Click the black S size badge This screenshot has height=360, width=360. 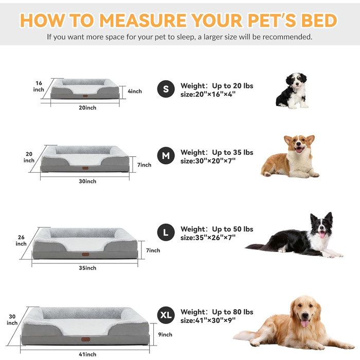[x=166, y=89]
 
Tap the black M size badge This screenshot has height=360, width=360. [x=166, y=155]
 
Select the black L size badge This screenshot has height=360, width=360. [x=166, y=232]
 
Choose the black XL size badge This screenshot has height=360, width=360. [x=166, y=315]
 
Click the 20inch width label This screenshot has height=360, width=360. [x=87, y=107]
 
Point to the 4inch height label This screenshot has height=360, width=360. [x=135, y=91]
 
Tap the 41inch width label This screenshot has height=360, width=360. [x=87, y=354]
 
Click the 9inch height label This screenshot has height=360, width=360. [x=165, y=334]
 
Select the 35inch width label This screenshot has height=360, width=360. [x=87, y=268]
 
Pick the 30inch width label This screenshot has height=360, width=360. [x=87, y=181]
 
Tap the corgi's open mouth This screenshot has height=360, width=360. [x=299, y=150]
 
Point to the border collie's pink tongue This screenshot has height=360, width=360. [x=322, y=235]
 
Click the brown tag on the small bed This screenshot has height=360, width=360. [x=85, y=96]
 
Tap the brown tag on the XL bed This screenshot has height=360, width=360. [x=85, y=339]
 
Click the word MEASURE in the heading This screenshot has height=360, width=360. [x=143, y=21]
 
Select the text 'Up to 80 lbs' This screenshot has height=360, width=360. [x=232, y=312]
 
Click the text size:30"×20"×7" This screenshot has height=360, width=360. [x=208, y=161]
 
